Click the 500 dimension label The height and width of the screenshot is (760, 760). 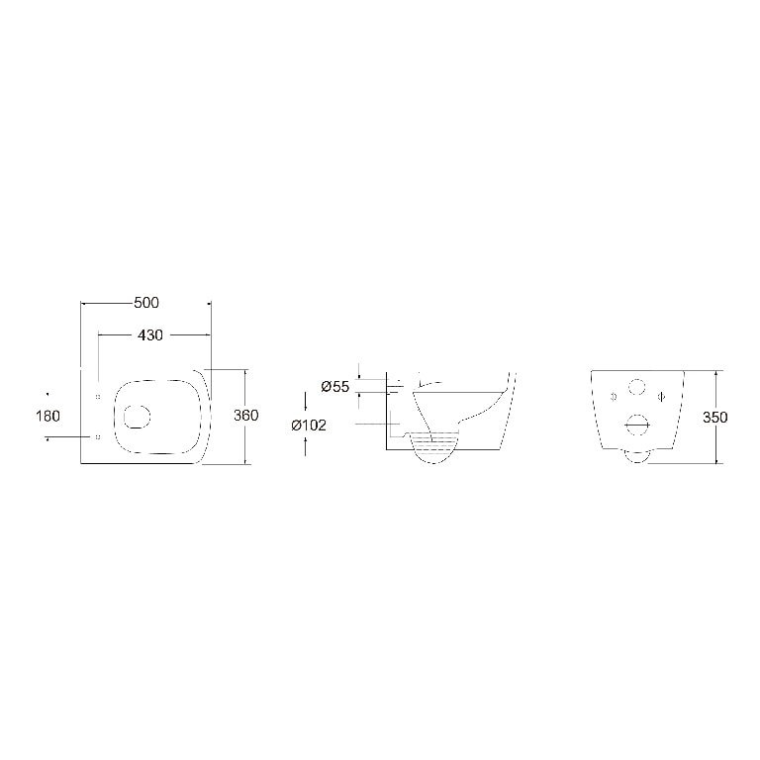146,303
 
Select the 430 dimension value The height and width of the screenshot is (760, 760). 150,334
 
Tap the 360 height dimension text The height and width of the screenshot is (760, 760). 246,416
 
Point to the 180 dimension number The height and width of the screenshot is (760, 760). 47,416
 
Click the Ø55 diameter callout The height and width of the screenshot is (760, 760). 335,387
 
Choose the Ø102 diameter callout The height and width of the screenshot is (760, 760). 309,426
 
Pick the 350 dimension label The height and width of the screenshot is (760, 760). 715,418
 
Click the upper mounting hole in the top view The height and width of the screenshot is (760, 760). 98,397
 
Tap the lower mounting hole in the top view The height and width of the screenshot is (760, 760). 98,437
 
